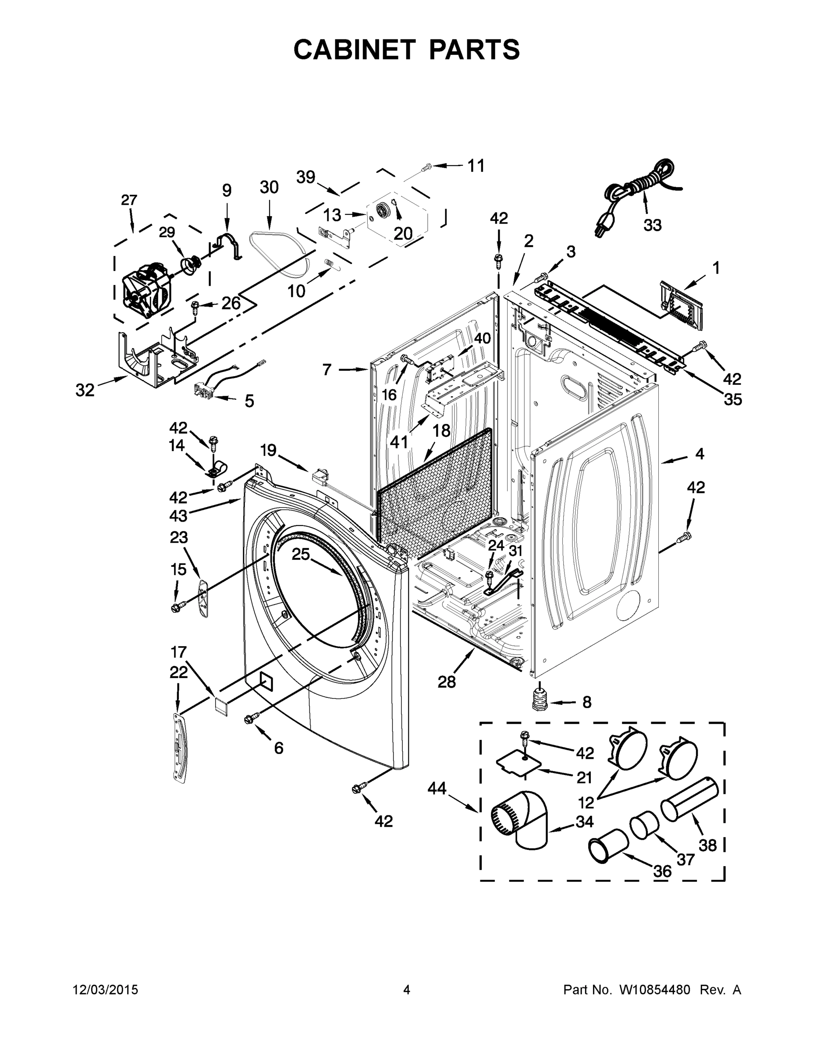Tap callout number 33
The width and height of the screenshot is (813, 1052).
[652, 225]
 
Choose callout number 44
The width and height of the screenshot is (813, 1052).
[437, 789]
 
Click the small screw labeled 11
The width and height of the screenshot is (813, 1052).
[426, 167]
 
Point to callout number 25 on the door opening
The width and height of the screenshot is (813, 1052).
[301, 554]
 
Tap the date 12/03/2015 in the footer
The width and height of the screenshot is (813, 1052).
[106, 990]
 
